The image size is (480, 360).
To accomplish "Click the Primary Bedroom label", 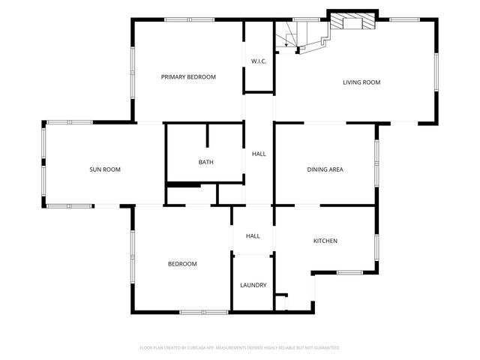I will [189, 76].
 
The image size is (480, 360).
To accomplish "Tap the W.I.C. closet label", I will [259, 61].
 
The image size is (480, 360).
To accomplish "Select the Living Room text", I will [361, 82].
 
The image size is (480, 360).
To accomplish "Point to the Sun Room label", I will [105, 169].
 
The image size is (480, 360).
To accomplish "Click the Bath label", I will [205, 162].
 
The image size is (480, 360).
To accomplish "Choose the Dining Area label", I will [325, 169].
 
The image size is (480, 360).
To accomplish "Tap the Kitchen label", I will [325, 241].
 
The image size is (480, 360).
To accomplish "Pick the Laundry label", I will [253, 285].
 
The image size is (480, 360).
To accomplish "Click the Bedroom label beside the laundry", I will [182, 263].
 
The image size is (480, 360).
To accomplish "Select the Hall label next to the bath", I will [259, 154].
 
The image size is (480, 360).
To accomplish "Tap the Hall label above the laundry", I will [253, 236].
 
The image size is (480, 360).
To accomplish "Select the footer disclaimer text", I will [240, 348].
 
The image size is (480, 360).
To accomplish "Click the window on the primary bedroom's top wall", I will [186, 20].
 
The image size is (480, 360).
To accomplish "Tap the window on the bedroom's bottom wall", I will [203, 311].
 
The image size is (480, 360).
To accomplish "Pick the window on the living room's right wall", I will [436, 72].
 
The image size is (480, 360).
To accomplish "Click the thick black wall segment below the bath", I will [183, 184].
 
